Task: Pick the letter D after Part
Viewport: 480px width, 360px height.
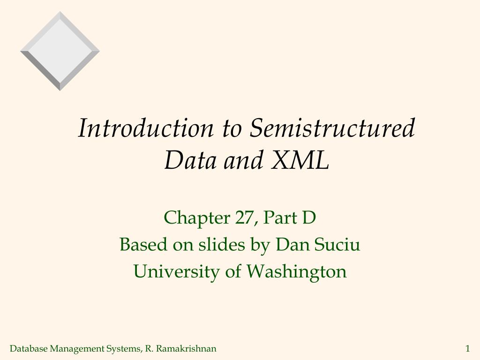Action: [309, 217]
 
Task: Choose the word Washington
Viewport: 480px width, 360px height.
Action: [297, 271]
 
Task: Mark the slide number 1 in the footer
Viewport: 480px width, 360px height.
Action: [467, 348]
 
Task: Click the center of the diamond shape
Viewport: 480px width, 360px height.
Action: [60, 51]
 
